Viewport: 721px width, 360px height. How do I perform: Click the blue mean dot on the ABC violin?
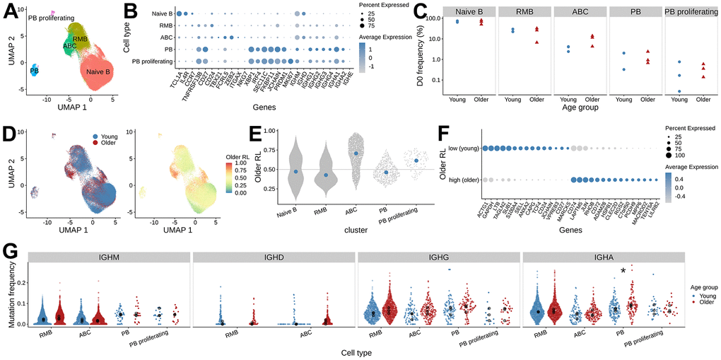[x=356, y=153]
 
